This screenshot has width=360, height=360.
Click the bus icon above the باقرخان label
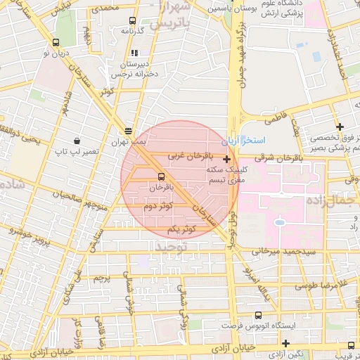click(161, 176)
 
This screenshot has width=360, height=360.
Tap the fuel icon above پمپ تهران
click(128, 131)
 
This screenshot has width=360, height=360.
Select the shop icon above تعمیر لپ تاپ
click(77, 141)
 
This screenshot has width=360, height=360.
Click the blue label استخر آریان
click(240, 141)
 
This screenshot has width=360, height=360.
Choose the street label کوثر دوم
click(159, 206)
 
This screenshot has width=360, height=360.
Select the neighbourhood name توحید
click(172, 247)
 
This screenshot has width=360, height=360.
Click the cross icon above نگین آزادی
click(285, 343)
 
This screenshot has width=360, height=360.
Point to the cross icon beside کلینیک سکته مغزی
click(226, 160)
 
